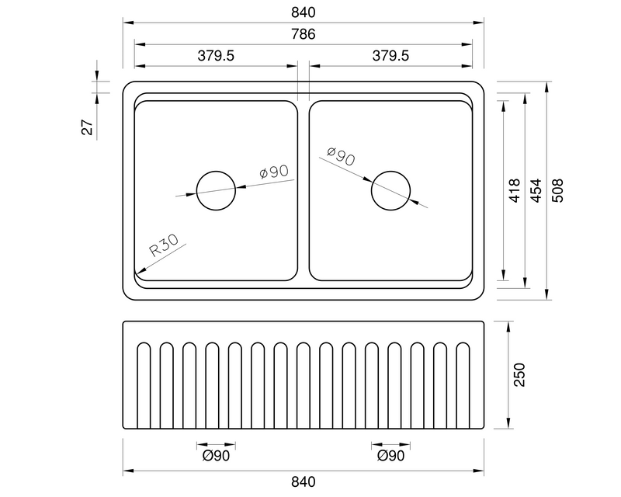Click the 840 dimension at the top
(304, 13)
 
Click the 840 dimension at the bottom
(304, 481)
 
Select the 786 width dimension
(304, 35)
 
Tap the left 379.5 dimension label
(216, 55)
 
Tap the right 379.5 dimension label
(390, 55)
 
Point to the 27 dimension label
(88, 127)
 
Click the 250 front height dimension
(520, 375)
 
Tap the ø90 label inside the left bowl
(274, 172)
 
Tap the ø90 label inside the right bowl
(341, 158)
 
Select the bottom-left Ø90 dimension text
(216, 457)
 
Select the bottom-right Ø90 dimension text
(390, 457)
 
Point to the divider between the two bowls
(303, 190)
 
